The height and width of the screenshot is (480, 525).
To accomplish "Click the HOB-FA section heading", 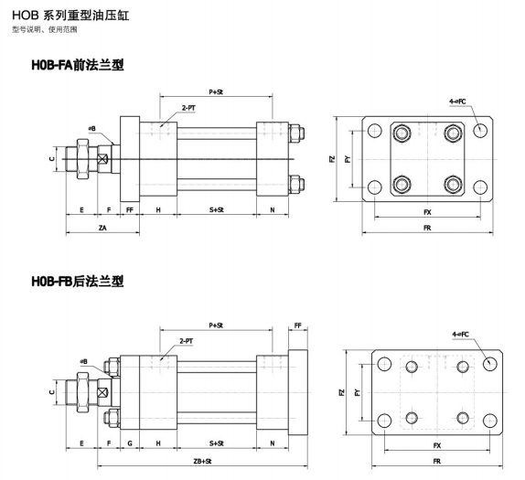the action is pos(78,65).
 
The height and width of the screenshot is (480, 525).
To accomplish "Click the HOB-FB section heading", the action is pos(78,281).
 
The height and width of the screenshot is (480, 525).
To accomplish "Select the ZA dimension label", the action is pos(102,228).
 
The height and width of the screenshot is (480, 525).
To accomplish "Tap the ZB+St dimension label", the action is pos(202,461).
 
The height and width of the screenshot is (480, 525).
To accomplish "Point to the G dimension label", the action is pos(130,443).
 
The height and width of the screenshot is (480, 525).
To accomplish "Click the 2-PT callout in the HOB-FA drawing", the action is pos(188,108).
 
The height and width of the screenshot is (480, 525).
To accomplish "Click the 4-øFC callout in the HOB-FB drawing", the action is pos(461,334).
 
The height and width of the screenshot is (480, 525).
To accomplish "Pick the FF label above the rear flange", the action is pos(297,325).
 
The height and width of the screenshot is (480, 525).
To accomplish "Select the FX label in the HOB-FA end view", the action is pos(427,212).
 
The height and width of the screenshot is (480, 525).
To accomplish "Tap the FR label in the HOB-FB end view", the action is pos(437,461).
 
